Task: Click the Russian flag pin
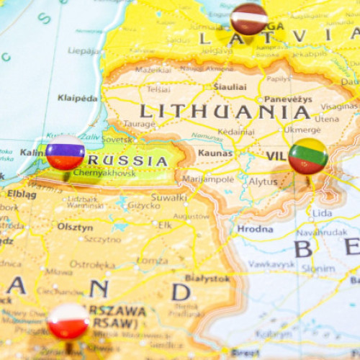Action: pos(65,152)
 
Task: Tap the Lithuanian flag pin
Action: pos(308,156)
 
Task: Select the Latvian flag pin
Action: pos(249,18)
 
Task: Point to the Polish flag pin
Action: pos(68,320)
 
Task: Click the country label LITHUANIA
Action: pos(225,112)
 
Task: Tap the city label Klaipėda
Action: pos(77,98)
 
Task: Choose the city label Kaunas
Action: pos(215,153)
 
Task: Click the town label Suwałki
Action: pos(169,197)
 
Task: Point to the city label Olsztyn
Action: pos(75,227)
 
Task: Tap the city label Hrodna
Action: pos(255,229)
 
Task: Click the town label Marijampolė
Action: pos(207,179)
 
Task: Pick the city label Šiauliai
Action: pos(229,86)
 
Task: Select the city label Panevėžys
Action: pos(287,99)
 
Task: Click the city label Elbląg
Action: pos(22,194)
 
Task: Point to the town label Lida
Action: pos(322,213)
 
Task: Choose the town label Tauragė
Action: pos(139,124)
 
